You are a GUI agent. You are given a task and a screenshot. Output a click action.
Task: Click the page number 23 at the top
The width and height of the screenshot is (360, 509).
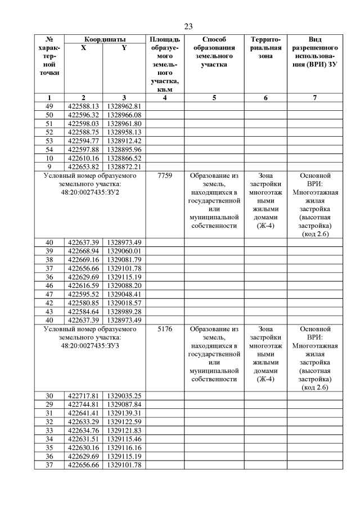[x=188, y=26]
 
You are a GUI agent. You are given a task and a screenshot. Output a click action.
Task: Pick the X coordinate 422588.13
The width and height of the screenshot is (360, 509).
[x=83, y=106]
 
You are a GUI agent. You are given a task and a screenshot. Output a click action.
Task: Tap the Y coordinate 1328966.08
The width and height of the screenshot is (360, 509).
[x=124, y=115]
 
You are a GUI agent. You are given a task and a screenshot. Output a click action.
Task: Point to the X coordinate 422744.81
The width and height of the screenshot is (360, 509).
[x=83, y=404]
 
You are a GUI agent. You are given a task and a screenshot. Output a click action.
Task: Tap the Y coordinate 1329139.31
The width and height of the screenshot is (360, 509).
[x=124, y=412]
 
